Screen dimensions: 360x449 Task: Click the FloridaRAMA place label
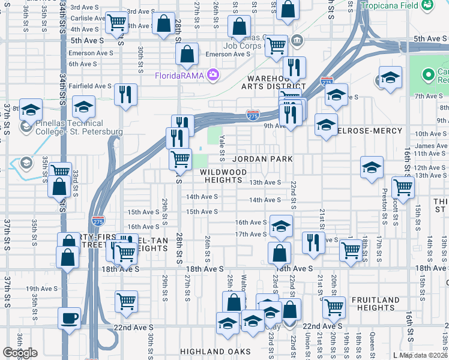[179, 76]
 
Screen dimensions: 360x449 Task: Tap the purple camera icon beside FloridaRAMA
[212, 75]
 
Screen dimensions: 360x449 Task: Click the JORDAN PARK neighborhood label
[263, 159]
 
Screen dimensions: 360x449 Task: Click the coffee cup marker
[69, 317]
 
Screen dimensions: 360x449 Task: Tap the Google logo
[20, 353]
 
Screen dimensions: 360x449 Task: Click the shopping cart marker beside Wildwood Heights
[180, 159]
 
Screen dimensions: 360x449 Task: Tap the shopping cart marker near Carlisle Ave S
[116, 22]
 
